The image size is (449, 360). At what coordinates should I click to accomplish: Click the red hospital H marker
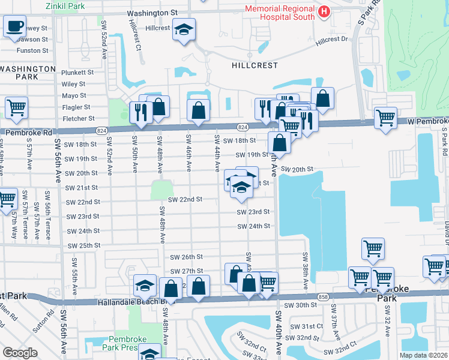pyautogui.click(x=324, y=11)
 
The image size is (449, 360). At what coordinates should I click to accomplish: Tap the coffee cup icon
pyautogui.click(x=14, y=27)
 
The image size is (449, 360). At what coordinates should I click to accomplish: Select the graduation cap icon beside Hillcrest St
pyautogui.click(x=184, y=29)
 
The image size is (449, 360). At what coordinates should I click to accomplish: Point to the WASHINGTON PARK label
pyautogui.click(x=28, y=73)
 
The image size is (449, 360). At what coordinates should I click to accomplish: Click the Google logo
pyautogui.click(x=19, y=353)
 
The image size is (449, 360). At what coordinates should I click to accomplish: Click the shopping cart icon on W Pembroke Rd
pyautogui.click(x=385, y=117)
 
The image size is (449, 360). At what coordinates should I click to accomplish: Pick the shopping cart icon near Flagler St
pyautogui.click(x=16, y=108)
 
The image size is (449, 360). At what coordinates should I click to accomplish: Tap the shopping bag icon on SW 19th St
pyautogui.click(x=279, y=143)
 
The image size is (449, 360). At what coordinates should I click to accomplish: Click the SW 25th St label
pyautogui.click(x=83, y=246)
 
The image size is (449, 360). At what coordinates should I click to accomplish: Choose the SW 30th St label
pyautogui.click(x=301, y=305)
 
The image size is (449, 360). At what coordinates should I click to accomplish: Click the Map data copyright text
pyautogui.click(x=424, y=355)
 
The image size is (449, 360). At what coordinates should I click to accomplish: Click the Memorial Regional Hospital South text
pyautogui.click(x=279, y=12)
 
